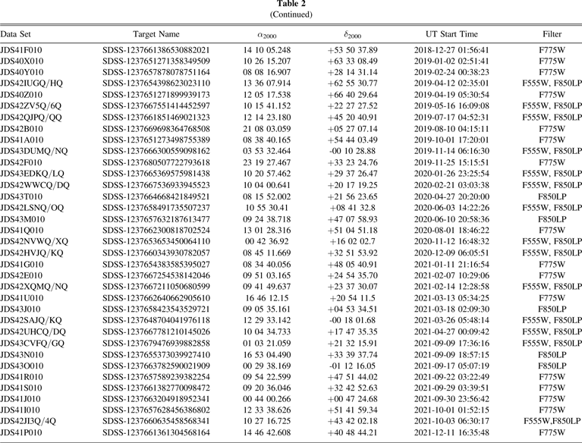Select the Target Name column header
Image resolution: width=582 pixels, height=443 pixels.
pyautogui.click(x=156, y=34)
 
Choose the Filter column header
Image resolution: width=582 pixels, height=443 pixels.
pyautogui.click(x=552, y=34)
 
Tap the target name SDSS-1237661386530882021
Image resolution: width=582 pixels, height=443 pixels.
pyautogui.click(x=156, y=49)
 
